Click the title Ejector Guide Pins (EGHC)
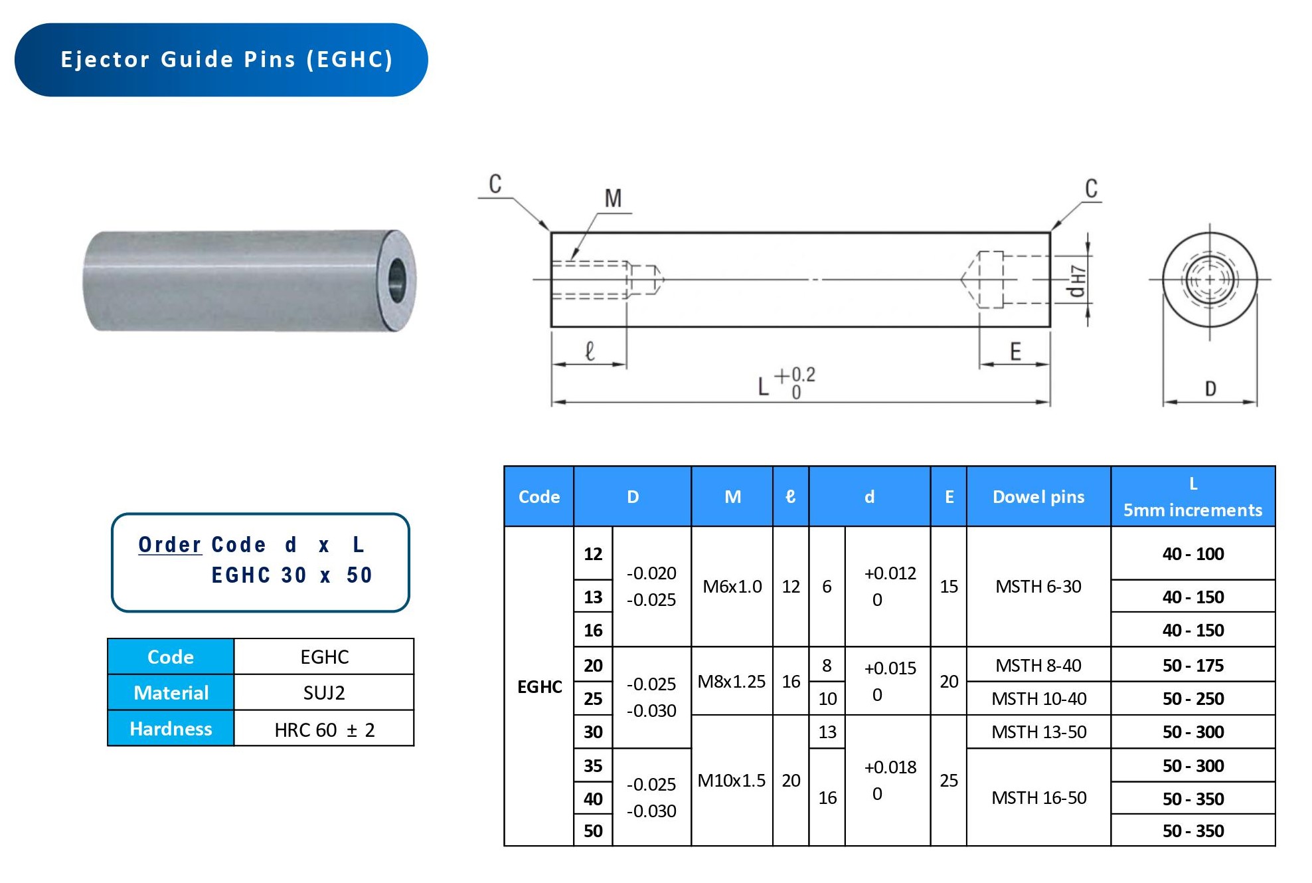tap(226, 60)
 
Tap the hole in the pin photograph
tap(396, 280)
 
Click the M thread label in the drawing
tap(613, 198)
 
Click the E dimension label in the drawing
tap(1015, 351)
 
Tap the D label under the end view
tap(1210, 389)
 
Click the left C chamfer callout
tap(495, 184)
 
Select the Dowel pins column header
tap(1038, 497)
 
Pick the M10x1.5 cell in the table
tap(731, 780)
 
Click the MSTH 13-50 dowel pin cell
tap(1038, 732)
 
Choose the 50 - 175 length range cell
tap(1192, 665)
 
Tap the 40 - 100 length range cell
tap(1192, 553)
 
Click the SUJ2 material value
tap(324, 693)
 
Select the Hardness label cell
tap(171, 729)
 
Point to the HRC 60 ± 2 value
tap(324, 730)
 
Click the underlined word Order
tap(169, 545)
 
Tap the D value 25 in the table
tap(593, 698)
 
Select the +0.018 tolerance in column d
tap(890, 767)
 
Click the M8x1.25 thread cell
tap(731, 681)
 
